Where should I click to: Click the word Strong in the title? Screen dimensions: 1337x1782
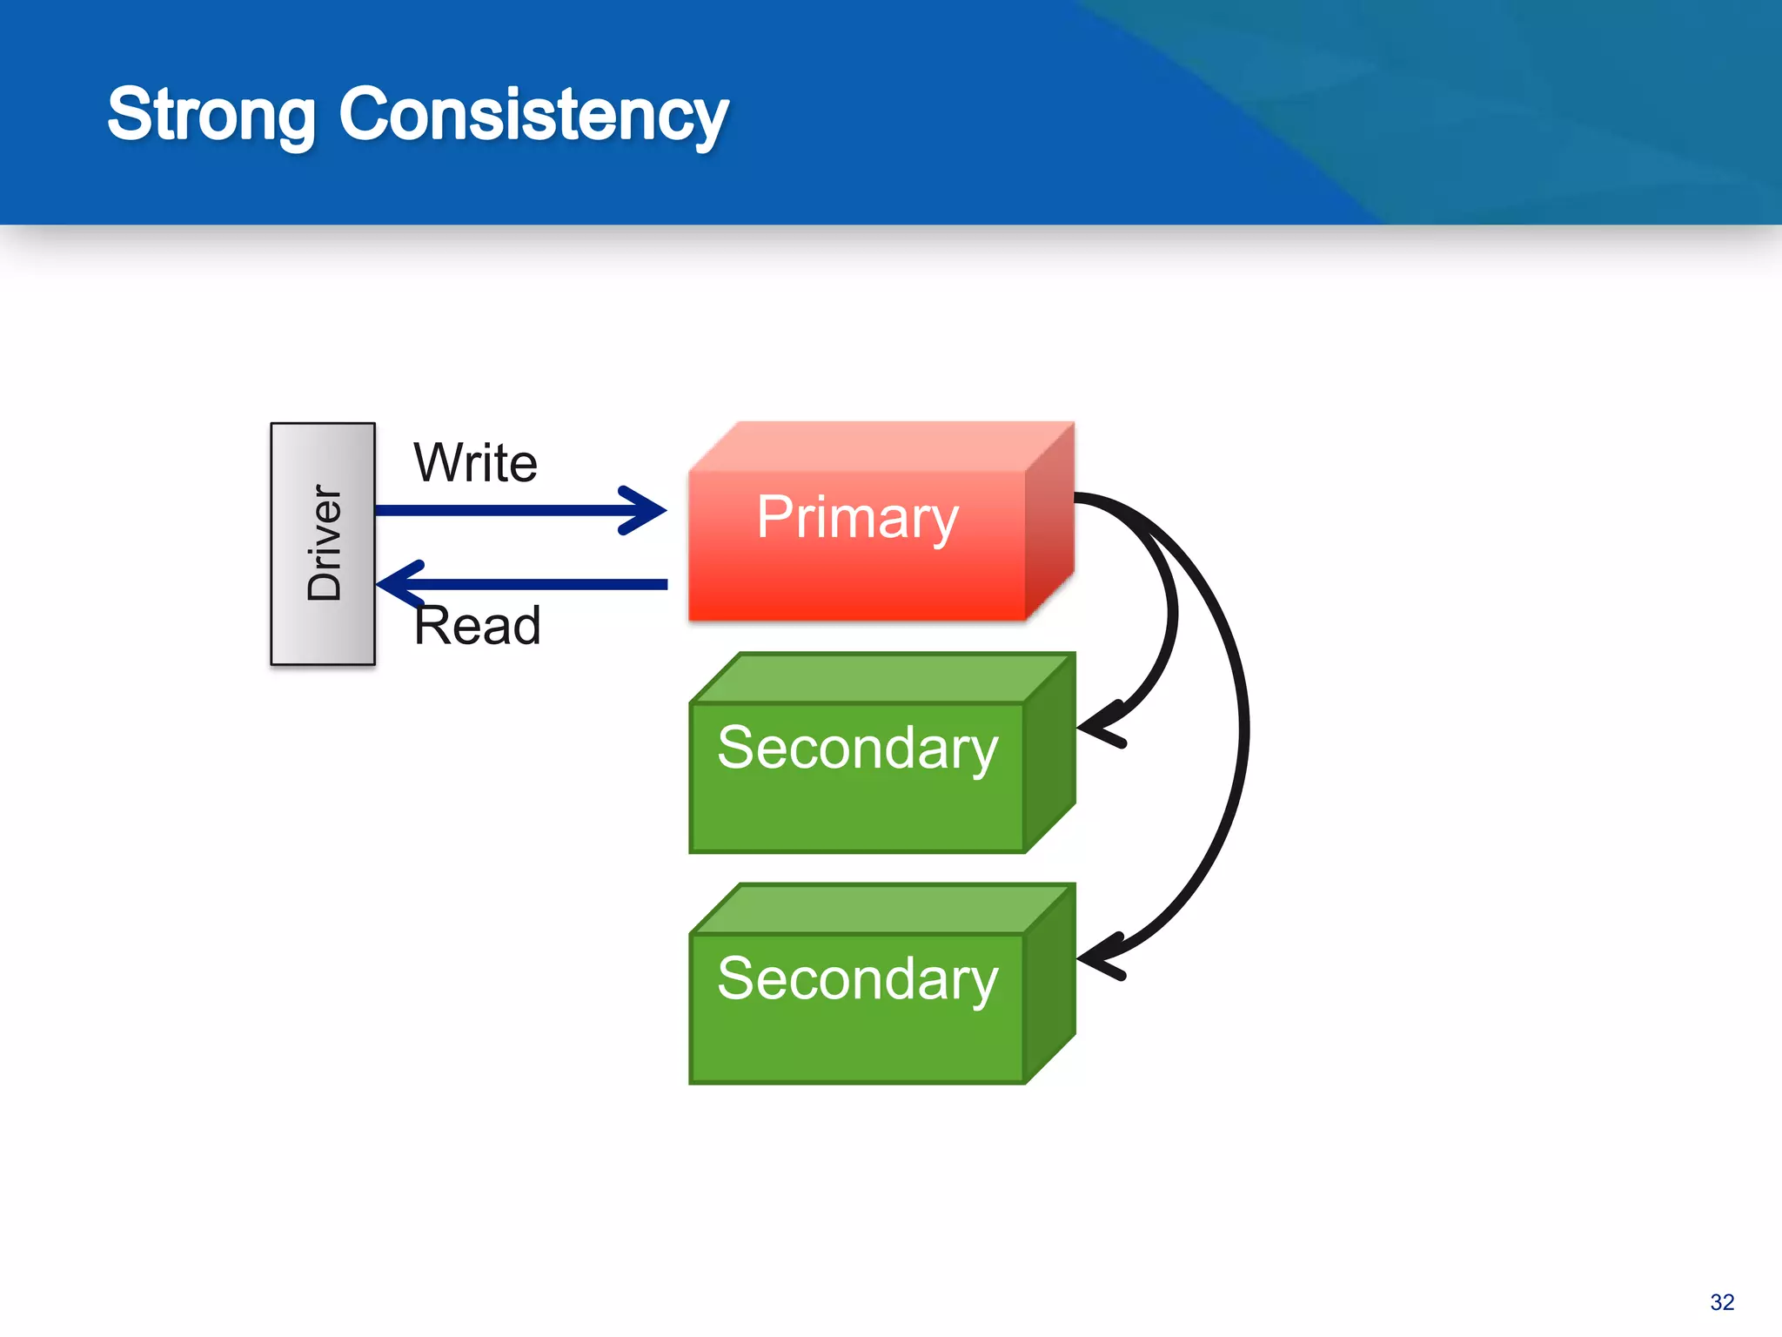click(x=211, y=116)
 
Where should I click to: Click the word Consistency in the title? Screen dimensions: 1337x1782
click(x=533, y=116)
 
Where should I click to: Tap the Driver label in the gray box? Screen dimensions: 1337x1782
click(x=325, y=543)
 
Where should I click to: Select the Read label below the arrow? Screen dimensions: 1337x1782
click(x=477, y=625)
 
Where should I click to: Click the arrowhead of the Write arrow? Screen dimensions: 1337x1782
click(x=648, y=510)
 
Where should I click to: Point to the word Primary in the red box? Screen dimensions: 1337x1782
click(x=857, y=518)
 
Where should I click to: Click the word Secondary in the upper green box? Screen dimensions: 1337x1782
click(x=857, y=748)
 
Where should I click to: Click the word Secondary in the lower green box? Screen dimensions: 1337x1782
click(x=857, y=978)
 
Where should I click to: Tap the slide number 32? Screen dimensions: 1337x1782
click(x=1721, y=1302)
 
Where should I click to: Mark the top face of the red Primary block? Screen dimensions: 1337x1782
click(x=879, y=447)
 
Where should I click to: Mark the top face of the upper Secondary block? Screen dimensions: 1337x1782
click(x=879, y=678)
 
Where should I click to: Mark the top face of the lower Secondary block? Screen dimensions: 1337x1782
click(x=879, y=909)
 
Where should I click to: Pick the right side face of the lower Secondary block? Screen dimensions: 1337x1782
click(x=1049, y=984)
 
